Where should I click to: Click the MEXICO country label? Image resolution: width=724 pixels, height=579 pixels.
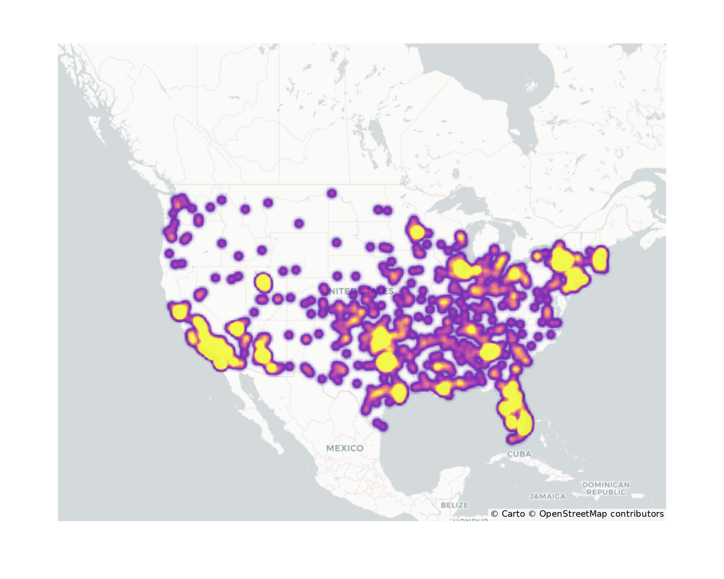pyautogui.click(x=345, y=448)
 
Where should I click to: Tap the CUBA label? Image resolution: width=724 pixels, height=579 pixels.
pyautogui.click(x=519, y=454)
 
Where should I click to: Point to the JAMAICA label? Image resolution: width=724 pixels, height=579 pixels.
pyautogui.click(x=547, y=496)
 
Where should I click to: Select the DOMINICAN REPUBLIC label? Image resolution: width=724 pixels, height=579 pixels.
pyautogui.click(x=606, y=488)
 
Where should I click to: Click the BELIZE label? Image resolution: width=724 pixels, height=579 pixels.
pyautogui.click(x=455, y=505)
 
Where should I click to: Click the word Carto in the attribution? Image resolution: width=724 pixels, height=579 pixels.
pyautogui.click(x=513, y=514)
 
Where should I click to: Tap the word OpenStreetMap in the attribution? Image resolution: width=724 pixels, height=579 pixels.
pyautogui.click(x=573, y=514)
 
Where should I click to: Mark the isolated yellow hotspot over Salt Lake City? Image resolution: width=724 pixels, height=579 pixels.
pyautogui.click(x=264, y=282)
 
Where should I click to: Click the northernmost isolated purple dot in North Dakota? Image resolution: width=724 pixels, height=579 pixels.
pyautogui.click(x=332, y=193)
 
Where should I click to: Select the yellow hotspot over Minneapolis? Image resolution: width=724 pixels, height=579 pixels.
pyautogui.click(x=417, y=232)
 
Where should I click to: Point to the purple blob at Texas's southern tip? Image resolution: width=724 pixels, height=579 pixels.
pyautogui.click(x=379, y=424)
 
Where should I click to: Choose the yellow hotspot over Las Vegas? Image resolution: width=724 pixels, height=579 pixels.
pyautogui.click(x=236, y=328)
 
